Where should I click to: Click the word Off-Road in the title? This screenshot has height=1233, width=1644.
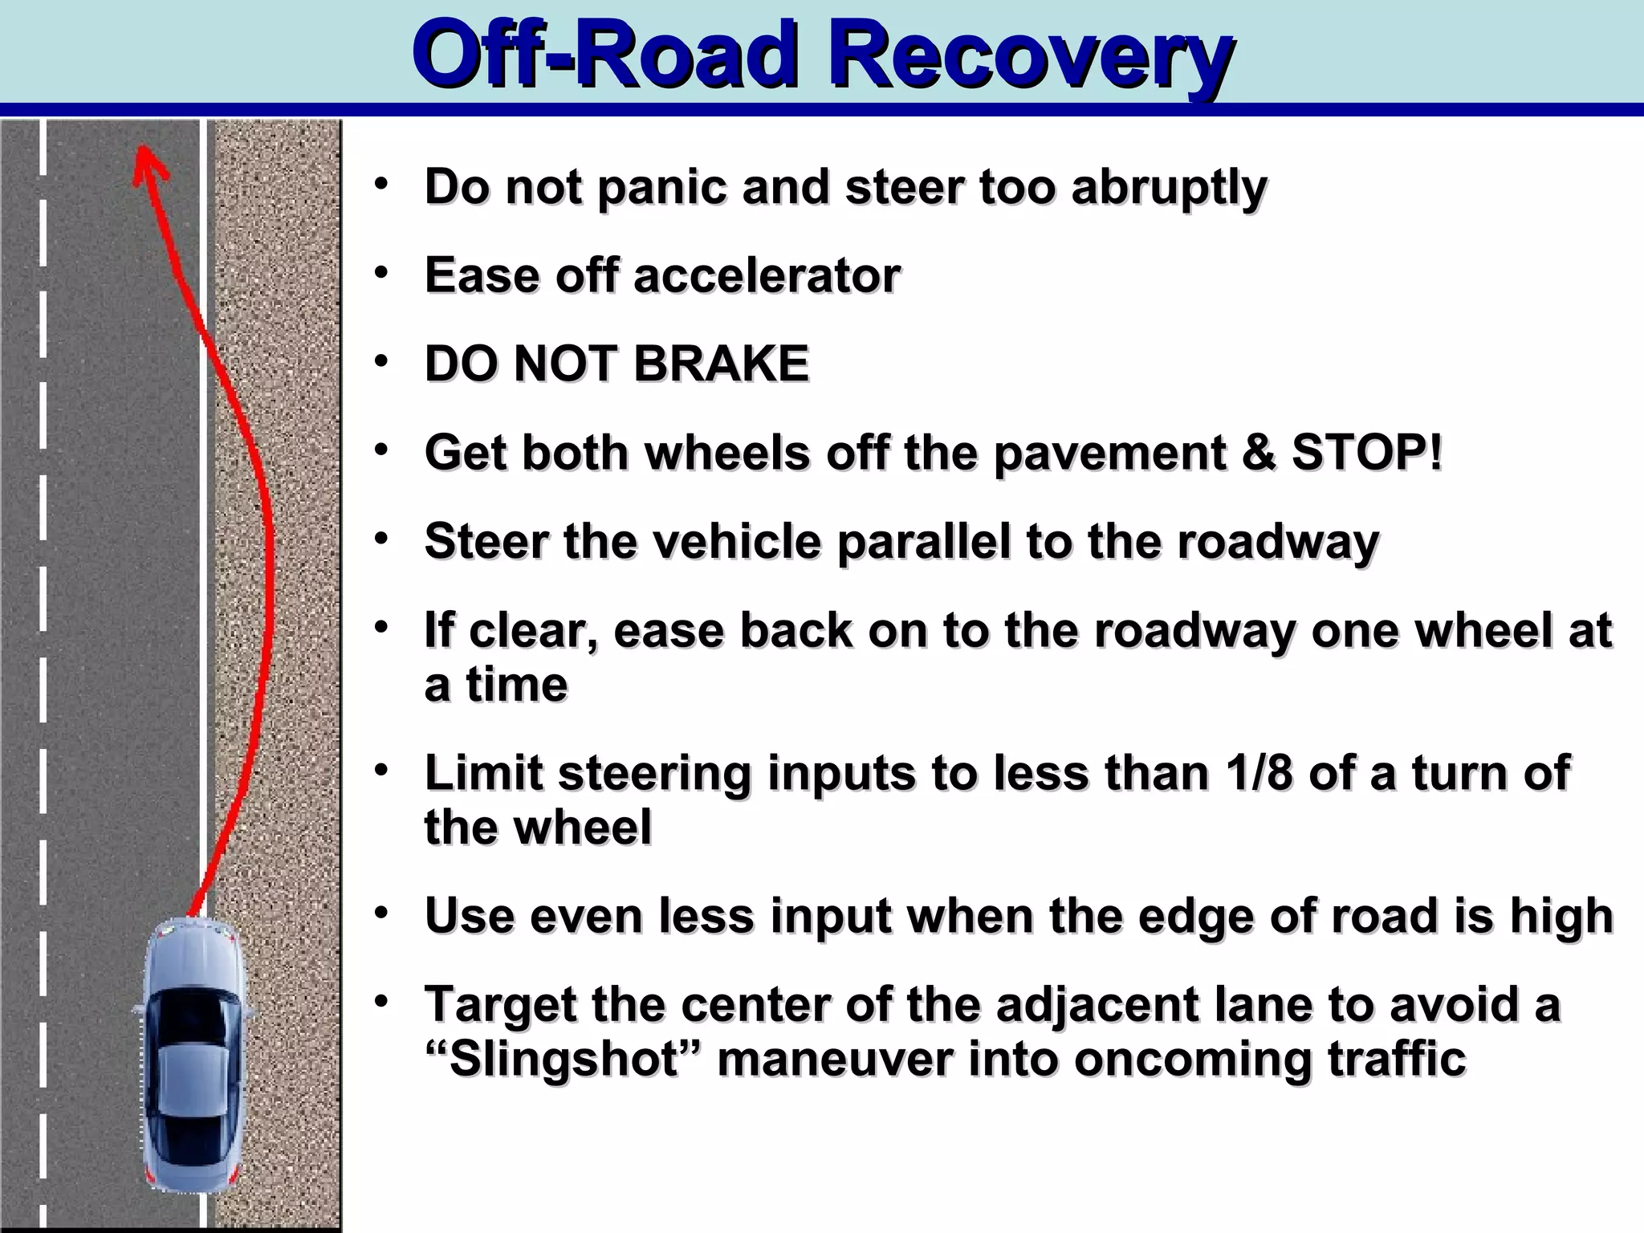tap(606, 56)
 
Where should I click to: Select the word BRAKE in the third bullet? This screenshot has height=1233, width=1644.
tap(721, 364)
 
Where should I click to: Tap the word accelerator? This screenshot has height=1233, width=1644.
tap(767, 275)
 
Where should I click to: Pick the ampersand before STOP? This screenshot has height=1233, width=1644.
tap(1258, 452)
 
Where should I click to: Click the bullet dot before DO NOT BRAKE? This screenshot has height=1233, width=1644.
tap(382, 360)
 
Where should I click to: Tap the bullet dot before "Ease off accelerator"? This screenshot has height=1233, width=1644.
tap(382, 272)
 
